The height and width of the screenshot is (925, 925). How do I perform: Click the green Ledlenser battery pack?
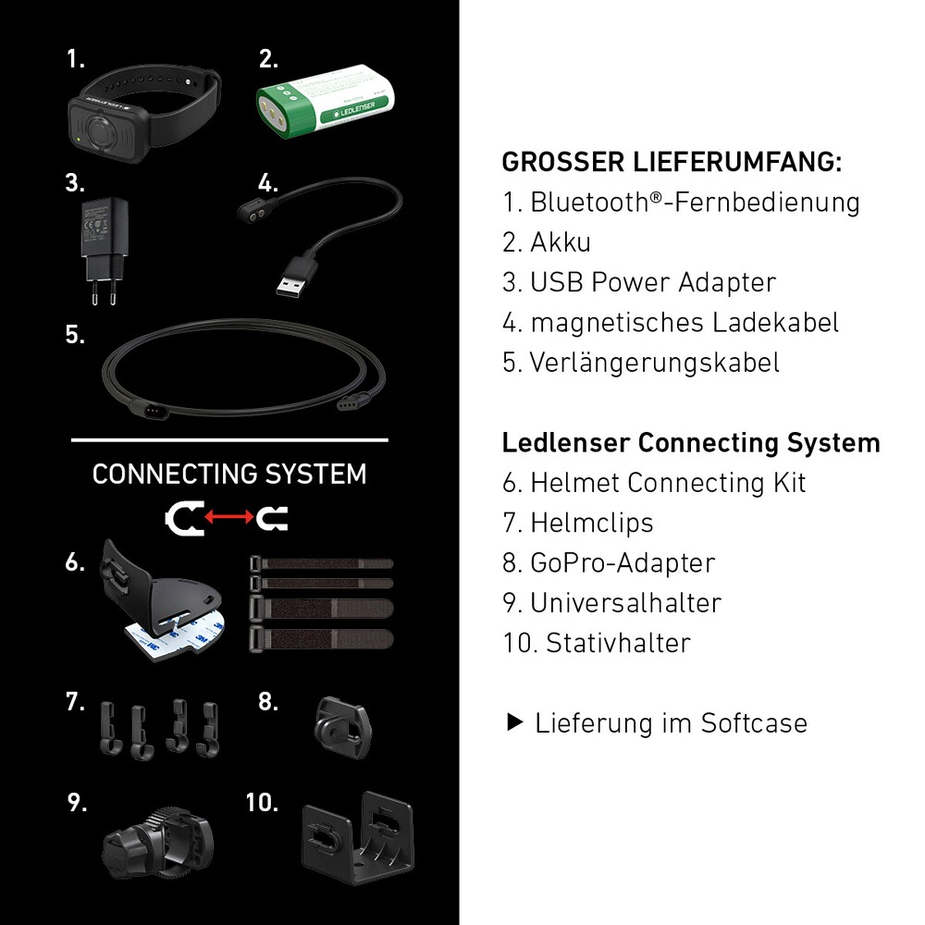point(325,102)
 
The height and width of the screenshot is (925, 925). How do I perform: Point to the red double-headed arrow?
point(228,517)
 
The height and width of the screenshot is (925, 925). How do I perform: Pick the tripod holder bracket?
point(358,837)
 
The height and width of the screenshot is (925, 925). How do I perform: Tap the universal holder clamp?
point(158,841)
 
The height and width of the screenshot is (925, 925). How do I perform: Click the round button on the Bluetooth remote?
point(99,129)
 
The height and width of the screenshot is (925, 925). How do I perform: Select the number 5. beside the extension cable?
point(75,335)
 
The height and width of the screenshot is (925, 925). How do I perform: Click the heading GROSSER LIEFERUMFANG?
point(672,162)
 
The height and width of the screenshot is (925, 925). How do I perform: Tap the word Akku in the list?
point(561,242)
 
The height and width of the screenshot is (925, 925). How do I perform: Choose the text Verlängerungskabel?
point(655,363)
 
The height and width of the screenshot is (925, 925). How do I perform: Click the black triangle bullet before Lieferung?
point(515,722)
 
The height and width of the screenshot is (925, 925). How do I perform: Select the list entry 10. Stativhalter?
point(597,643)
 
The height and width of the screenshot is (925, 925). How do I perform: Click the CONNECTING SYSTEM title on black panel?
point(229,475)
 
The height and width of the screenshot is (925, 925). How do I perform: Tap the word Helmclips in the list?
point(592,524)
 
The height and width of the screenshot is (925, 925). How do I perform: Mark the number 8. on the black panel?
point(268,701)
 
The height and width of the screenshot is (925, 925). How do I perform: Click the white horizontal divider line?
point(229,439)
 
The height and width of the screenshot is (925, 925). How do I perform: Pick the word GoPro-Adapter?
point(623,563)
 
